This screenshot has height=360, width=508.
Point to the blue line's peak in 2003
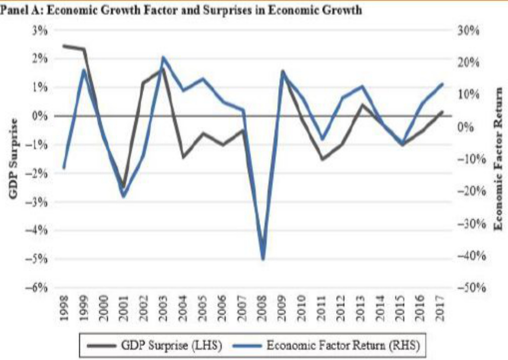click(x=163, y=57)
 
